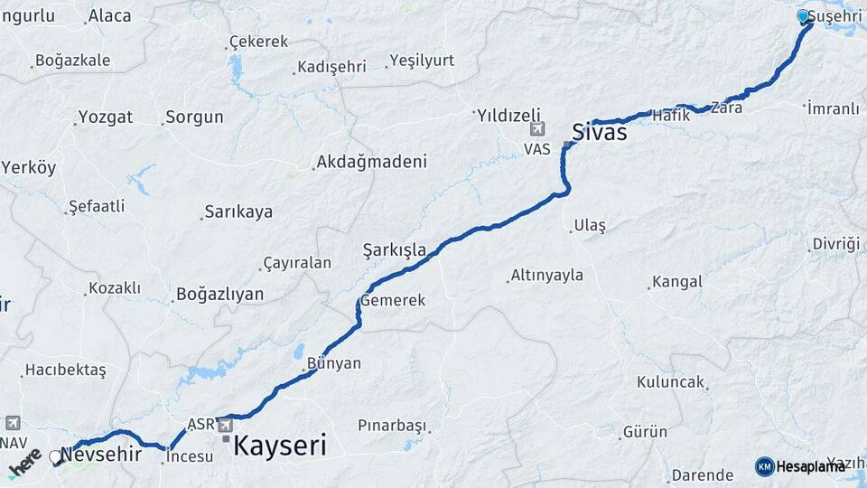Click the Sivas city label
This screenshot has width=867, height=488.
[x=599, y=132]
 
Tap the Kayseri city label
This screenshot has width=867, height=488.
[x=280, y=446]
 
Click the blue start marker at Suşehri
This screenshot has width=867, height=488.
[x=803, y=16]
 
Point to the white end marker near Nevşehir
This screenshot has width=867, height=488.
[x=56, y=457]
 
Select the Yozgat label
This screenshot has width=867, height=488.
[x=105, y=117]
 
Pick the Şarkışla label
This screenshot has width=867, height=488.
[x=394, y=249]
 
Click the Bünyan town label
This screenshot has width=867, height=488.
[x=334, y=363]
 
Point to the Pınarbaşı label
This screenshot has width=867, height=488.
[x=391, y=425]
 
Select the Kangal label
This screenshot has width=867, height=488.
[x=676, y=282]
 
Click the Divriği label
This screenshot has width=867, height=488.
[x=835, y=244]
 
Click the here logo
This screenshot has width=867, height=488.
[x=23, y=463]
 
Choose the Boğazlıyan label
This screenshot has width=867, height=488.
[x=219, y=294]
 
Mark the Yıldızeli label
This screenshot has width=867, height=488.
[x=508, y=115]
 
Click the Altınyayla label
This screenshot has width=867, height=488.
[x=546, y=275]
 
